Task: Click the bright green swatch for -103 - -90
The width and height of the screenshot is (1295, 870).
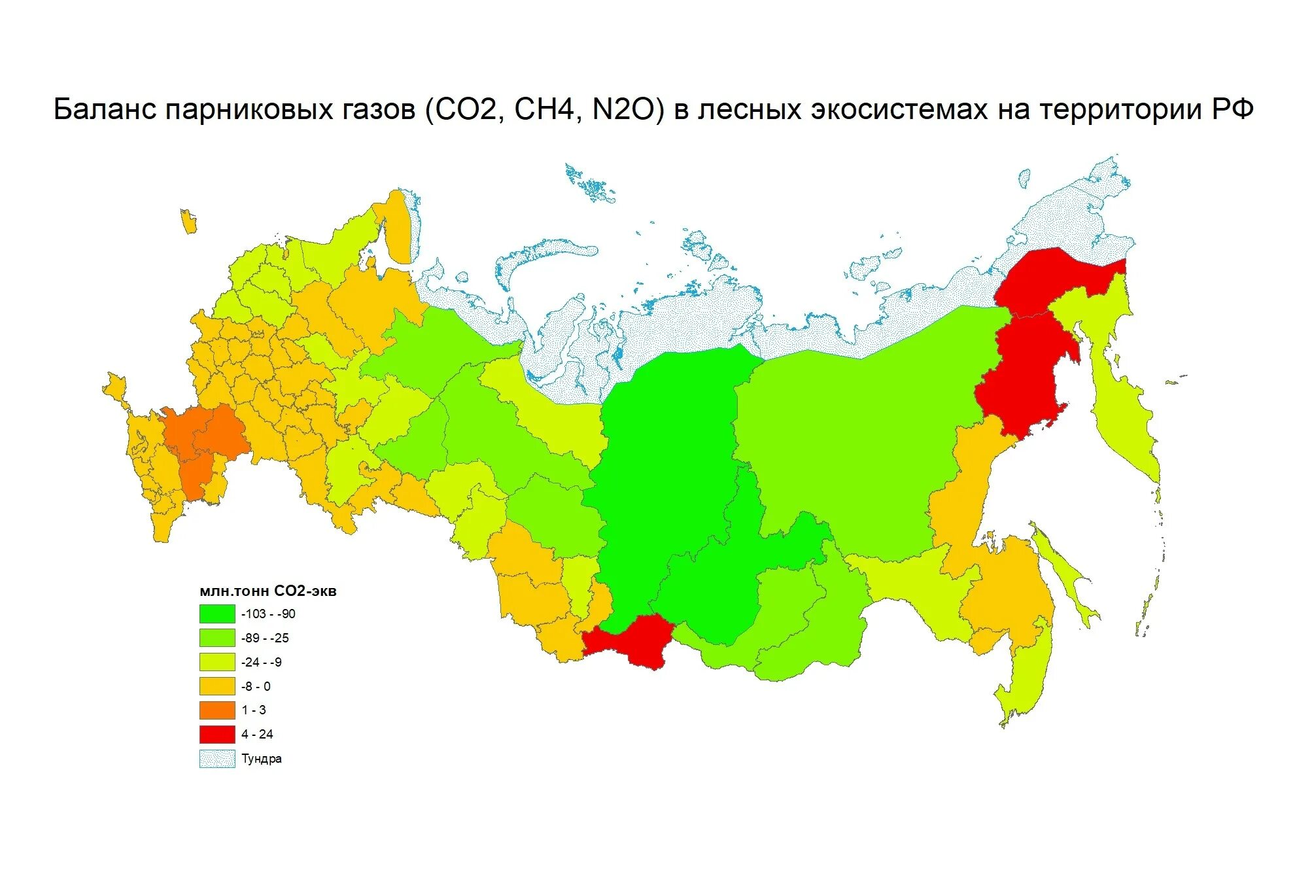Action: (217, 614)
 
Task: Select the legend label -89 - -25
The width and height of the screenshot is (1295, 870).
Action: (265, 638)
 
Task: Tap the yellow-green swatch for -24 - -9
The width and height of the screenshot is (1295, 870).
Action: (217, 662)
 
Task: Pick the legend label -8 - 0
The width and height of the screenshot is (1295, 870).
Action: (256, 686)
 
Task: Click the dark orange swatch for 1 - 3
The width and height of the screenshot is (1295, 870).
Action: (217, 710)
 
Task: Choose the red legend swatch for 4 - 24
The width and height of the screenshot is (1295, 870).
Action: (217, 734)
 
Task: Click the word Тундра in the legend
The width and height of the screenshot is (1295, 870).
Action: (262, 759)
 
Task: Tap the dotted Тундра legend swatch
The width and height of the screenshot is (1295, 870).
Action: (217, 759)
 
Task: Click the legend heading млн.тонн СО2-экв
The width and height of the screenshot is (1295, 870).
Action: (268, 591)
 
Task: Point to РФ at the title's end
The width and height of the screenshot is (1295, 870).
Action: (1232, 109)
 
